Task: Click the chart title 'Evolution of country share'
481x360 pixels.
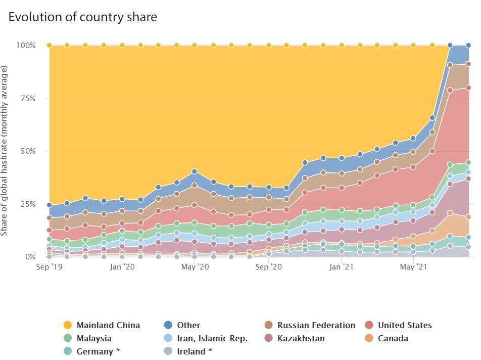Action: point(83,17)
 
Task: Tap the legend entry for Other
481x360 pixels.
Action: point(188,325)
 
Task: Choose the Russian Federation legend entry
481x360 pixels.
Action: point(316,325)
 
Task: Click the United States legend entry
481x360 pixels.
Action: point(405,325)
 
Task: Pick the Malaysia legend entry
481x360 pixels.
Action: point(94,338)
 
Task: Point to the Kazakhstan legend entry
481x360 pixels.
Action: point(301,338)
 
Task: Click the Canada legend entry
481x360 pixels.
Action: point(393,338)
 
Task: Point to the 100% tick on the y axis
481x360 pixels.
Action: point(26,46)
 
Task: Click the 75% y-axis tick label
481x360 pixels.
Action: point(27,99)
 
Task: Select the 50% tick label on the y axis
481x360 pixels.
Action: point(27,151)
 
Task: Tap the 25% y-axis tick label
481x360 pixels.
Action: point(27,204)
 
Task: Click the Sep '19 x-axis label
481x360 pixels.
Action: point(49,266)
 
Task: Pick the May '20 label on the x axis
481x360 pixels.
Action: point(195,266)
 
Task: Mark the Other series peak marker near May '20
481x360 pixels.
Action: point(195,172)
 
